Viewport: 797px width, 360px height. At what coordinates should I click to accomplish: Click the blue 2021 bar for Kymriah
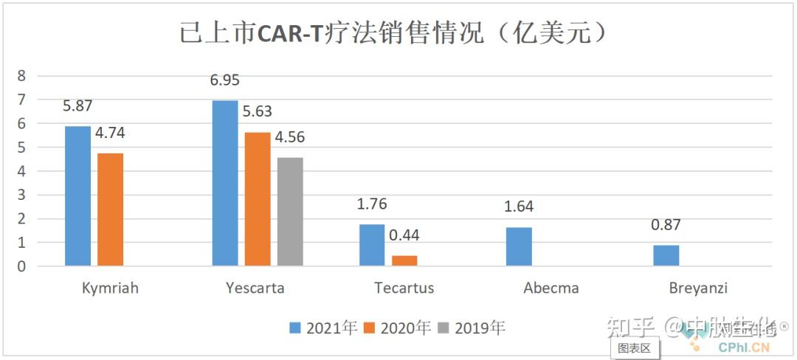pos(77,196)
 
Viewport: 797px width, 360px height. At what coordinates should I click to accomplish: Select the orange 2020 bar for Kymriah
pos(110,210)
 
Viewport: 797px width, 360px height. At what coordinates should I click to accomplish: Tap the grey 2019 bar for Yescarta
pos(290,212)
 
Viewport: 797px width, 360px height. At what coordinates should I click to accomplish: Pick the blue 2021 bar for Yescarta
pos(225,183)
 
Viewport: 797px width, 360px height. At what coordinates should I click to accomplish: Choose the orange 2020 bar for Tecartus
pos(404,260)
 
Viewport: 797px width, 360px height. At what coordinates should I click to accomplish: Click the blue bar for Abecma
pos(519,246)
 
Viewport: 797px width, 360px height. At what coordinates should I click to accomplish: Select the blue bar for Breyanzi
pos(666,255)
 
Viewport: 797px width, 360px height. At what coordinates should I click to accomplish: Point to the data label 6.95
pos(225,80)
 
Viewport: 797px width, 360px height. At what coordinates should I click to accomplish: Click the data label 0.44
pos(404,235)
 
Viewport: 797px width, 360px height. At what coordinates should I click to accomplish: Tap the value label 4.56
pos(290,137)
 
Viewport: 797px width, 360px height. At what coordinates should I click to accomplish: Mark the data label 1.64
pos(518,207)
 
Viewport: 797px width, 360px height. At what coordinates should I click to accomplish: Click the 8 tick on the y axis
pos(21,75)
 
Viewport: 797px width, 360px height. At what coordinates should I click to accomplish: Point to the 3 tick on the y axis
pos(21,195)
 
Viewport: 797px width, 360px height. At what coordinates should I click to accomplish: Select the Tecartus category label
pos(404,288)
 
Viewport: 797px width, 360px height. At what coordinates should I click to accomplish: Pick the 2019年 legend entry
pos(472,328)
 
